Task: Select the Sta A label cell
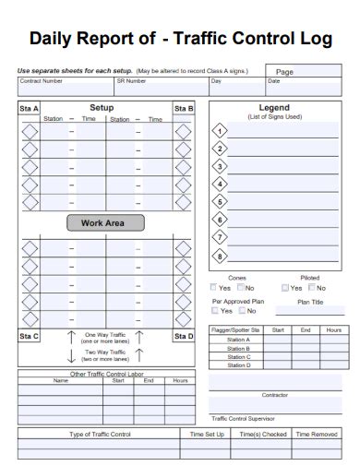coord(30,109)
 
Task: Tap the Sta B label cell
coord(183,109)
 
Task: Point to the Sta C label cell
coord(30,336)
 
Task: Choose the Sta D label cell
coord(183,336)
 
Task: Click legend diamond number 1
coord(220,130)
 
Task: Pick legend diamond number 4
coord(220,184)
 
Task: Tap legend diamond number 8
coord(220,256)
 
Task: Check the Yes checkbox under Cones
coord(214,288)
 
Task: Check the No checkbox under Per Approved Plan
coord(240,311)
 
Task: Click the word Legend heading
coord(274,108)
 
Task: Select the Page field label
coord(284,71)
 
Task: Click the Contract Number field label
coord(42,81)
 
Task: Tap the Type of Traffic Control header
coord(102,433)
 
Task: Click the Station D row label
coord(238,364)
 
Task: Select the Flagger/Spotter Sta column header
coord(236,329)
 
